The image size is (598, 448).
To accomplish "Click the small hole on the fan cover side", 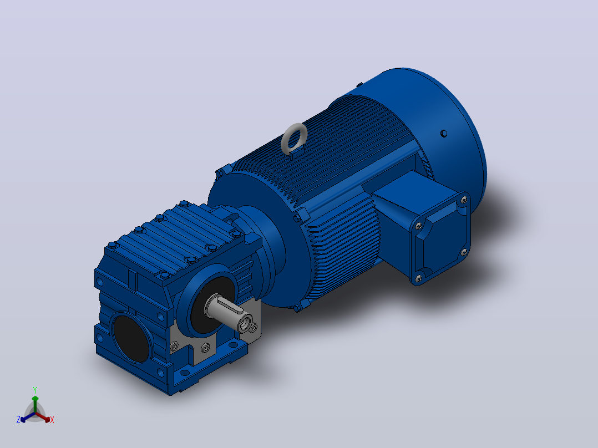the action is coord(444,134).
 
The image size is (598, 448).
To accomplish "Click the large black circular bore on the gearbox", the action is coord(131,338).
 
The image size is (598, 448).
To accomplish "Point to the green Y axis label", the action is coord(35,390).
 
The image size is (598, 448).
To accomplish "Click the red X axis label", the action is coord(52,420).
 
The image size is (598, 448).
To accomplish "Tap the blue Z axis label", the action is coord(18,420).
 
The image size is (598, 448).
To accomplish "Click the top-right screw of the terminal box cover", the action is coord(464,200).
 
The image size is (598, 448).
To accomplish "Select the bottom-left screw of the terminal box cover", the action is coord(418,279).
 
